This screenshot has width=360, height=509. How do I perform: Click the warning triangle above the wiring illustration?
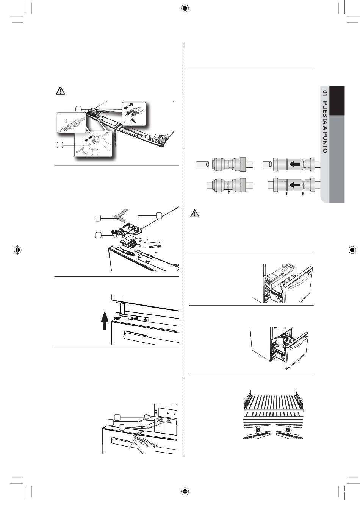click(60, 91)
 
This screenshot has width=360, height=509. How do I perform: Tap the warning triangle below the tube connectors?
click(195, 214)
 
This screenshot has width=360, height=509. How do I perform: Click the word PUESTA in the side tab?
click(325, 112)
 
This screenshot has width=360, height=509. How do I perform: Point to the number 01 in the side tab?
click(325, 94)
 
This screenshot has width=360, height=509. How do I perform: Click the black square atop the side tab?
click(337, 101)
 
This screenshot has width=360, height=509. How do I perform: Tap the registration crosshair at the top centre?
click(185, 8)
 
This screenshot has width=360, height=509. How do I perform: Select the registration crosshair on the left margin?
click(17, 250)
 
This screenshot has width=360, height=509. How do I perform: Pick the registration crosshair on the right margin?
click(352, 250)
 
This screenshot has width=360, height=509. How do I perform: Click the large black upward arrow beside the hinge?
click(104, 320)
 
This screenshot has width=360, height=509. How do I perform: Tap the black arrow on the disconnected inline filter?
click(295, 164)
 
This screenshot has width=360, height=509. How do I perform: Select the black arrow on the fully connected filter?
click(295, 185)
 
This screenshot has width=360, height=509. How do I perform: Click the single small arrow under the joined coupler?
click(229, 192)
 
